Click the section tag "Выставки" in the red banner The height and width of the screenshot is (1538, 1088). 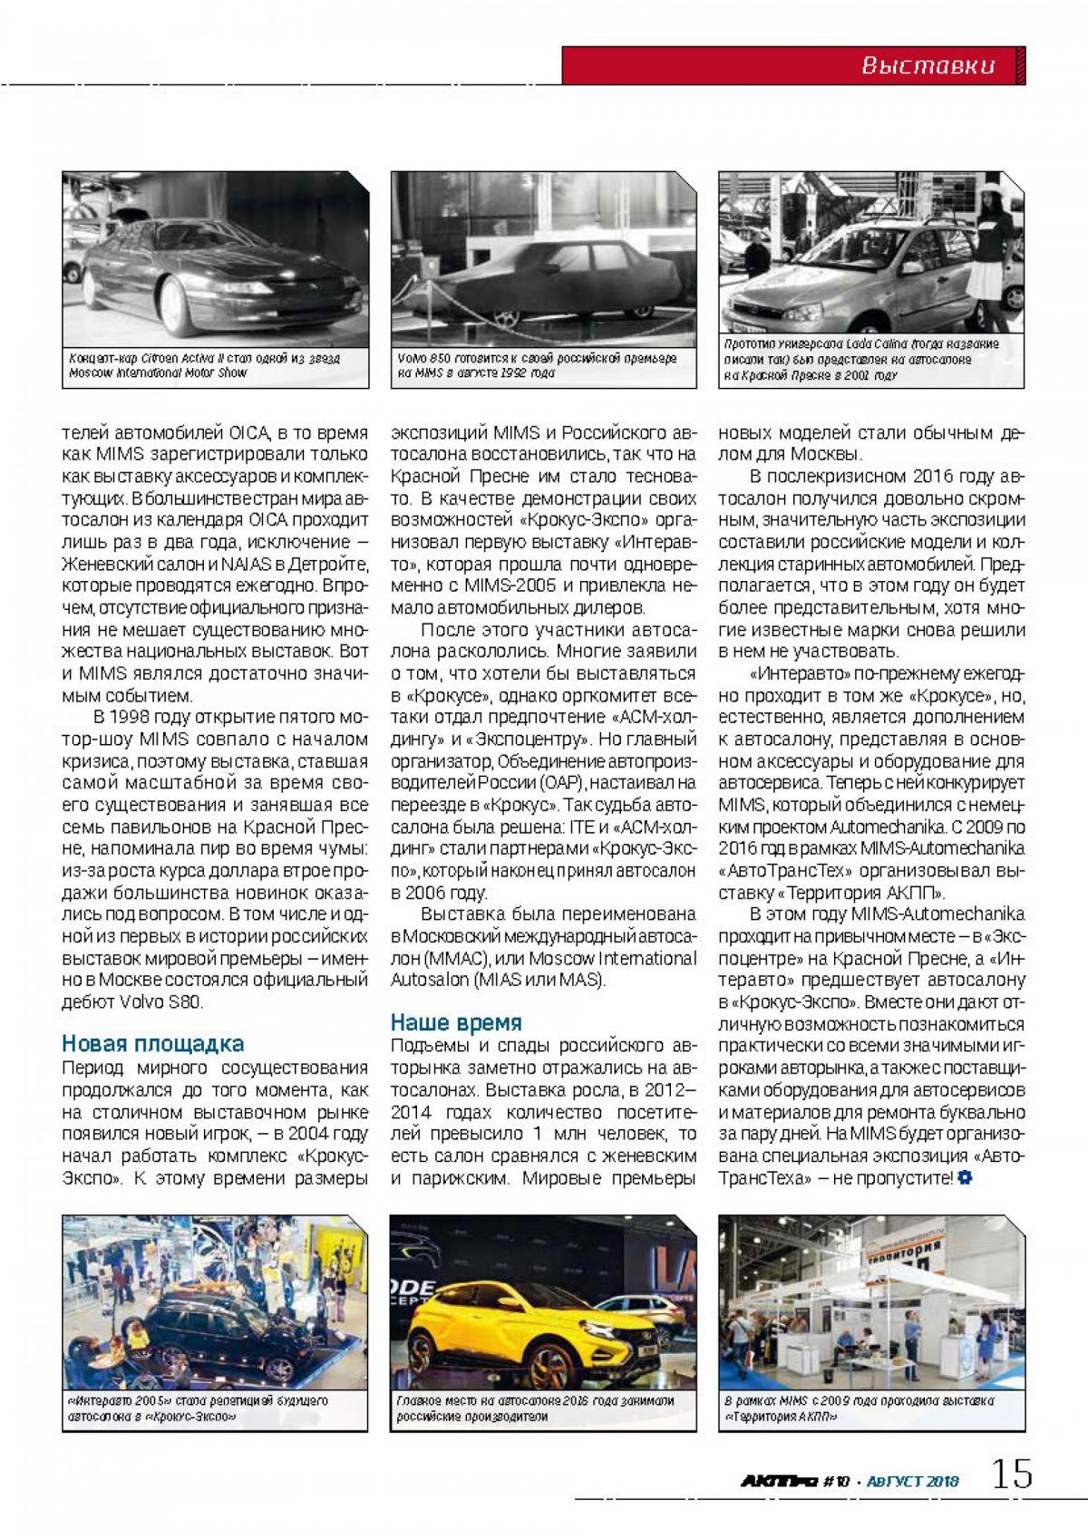tap(927, 65)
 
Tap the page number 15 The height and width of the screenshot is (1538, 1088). tap(1011, 1475)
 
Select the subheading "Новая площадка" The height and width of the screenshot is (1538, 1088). tap(152, 1044)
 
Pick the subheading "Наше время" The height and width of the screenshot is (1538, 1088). tap(456, 1022)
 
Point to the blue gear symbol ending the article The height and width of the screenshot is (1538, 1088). tap(964, 1178)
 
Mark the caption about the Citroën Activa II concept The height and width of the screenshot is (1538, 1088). tap(204, 365)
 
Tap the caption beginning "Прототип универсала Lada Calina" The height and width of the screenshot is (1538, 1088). tap(861, 360)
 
